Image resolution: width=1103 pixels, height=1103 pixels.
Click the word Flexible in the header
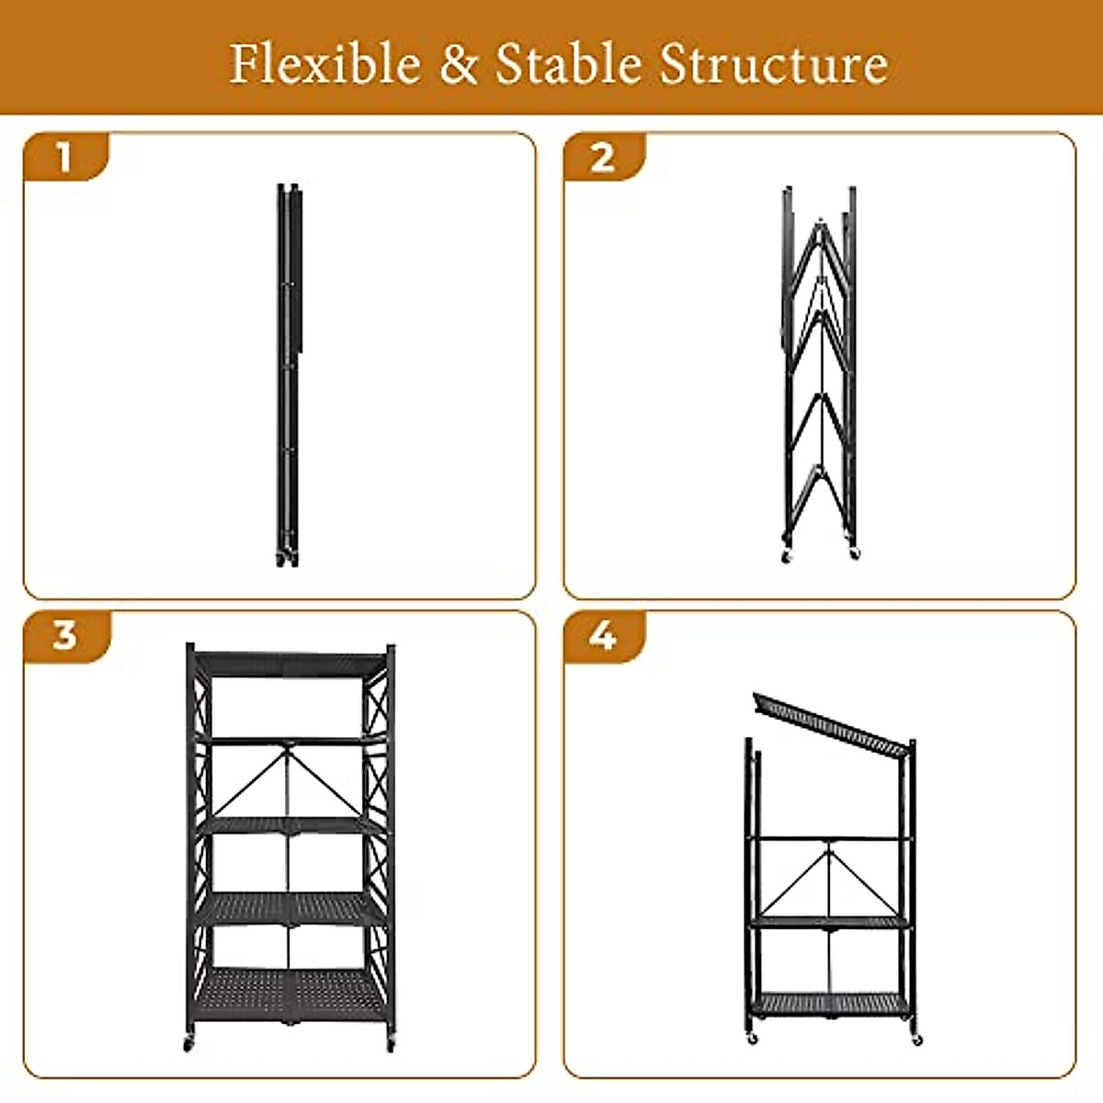point(324,64)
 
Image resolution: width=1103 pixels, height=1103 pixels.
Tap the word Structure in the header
point(774,64)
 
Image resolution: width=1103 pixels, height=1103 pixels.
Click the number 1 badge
point(63,157)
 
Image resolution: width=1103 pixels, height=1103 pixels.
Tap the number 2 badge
point(602,157)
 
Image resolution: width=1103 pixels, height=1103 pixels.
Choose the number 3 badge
point(64,635)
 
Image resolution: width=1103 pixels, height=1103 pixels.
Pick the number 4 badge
point(602,635)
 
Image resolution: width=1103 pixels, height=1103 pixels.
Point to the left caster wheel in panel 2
point(786,556)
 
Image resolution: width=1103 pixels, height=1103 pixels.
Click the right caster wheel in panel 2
point(854,554)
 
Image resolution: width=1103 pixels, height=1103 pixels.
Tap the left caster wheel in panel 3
point(189,1044)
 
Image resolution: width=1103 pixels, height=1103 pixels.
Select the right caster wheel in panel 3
point(390,1044)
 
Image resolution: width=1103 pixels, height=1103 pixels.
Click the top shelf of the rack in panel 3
point(290,664)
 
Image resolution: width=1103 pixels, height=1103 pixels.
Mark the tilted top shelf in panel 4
point(827,722)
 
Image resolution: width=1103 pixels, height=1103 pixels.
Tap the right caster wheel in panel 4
point(915,1040)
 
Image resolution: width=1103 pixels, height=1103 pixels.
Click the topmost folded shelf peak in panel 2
point(819,226)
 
